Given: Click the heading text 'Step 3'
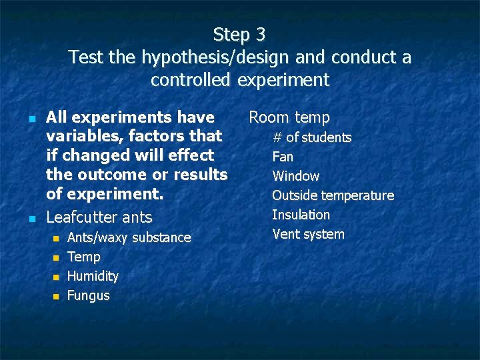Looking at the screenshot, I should coord(239,34).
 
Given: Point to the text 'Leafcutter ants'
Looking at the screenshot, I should coord(99,217).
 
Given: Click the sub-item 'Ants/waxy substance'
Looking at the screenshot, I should coord(129,237).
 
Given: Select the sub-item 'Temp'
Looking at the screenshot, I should coord(84,257).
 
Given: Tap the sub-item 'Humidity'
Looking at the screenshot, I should coord(93,276).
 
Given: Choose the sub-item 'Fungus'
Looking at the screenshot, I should coord(89,295).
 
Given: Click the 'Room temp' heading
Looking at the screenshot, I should coord(289,117).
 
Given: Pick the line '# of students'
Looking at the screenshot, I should coord(311,137).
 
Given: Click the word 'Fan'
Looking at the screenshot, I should coord(283,157).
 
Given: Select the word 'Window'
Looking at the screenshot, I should coord(295,176).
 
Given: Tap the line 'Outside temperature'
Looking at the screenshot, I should coord(333,195).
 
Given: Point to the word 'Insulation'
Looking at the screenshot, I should coord(301,215).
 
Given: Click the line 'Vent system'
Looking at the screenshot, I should coord(308,234).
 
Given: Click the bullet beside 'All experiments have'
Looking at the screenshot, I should coord(32,118).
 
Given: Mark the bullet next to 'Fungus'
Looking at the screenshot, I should coord(56,296).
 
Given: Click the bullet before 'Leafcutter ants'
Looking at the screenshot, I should coord(32,218).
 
